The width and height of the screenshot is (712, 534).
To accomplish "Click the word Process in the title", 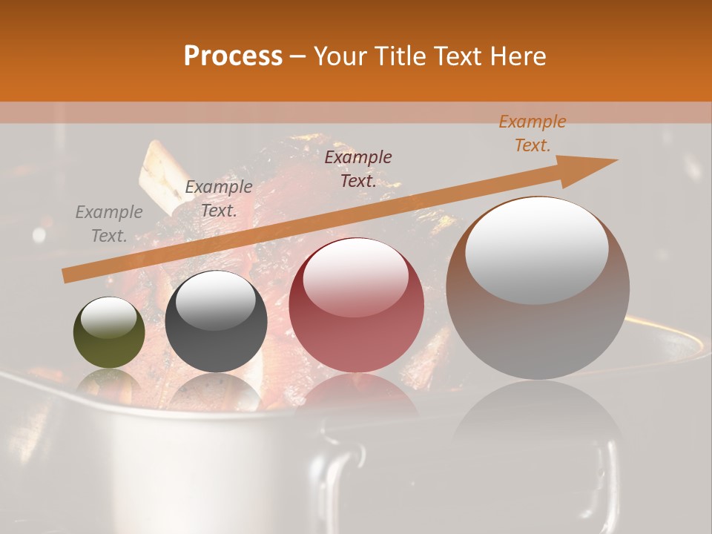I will [233, 56].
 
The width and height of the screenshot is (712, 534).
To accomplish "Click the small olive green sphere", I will [109, 332].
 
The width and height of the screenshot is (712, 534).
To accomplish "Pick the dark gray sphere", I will [216, 322].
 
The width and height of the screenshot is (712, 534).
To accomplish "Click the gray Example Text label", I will [109, 224].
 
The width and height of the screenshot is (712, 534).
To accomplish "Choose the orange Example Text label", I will [532, 133].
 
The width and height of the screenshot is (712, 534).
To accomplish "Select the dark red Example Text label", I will [357, 169].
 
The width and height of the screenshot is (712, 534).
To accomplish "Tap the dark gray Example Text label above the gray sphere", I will [219, 199].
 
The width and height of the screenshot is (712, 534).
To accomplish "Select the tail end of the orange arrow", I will [65, 276].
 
